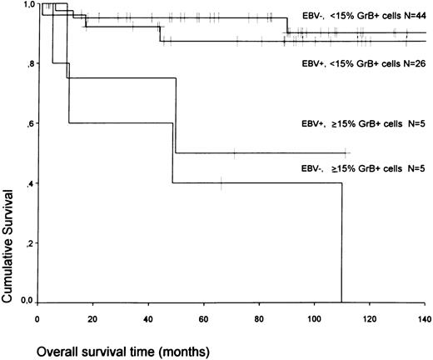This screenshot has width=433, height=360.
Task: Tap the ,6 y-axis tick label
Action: pyautogui.click(x=30, y=124)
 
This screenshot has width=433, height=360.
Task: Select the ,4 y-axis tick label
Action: pyautogui.click(x=30, y=183)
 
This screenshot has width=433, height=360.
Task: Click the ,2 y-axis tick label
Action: pyautogui.click(x=30, y=242)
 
